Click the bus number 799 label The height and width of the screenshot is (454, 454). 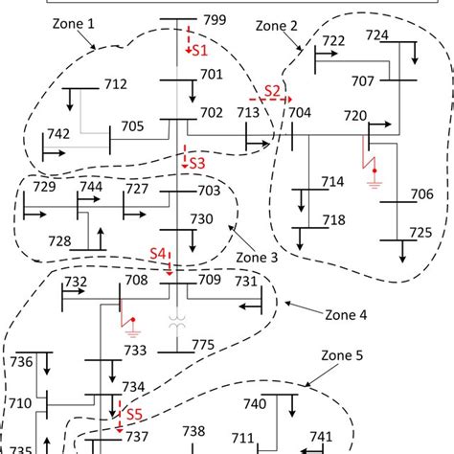point(215,20)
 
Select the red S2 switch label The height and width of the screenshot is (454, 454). point(273,90)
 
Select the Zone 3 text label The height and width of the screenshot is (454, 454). point(259,258)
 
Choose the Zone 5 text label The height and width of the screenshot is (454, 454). point(345,355)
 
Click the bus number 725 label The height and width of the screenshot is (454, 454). point(420,233)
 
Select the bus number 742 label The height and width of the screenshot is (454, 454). point(57,134)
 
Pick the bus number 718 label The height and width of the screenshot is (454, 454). point(333,220)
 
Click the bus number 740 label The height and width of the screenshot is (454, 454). point(255,403)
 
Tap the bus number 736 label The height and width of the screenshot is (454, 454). point(22,362)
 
